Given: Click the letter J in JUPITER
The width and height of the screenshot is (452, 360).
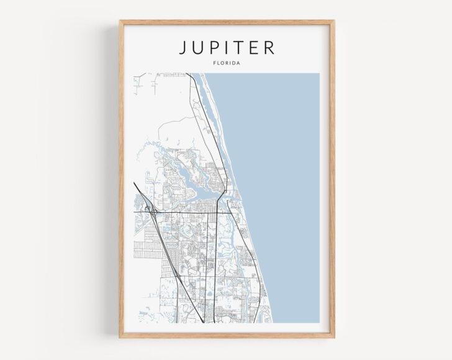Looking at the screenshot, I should (184, 48).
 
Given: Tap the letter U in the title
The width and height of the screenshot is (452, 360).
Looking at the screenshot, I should (199, 48).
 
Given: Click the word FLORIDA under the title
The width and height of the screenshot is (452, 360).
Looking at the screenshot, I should (227, 63).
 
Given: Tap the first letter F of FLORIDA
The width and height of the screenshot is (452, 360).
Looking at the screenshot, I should (214, 63).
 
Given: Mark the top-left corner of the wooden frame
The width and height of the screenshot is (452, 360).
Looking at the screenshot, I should (120, 21).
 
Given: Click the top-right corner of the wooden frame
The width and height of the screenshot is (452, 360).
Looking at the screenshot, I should (334, 21).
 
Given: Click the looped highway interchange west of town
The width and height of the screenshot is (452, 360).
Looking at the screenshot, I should (152, 212).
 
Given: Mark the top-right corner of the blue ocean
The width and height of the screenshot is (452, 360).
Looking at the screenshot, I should (319, 74).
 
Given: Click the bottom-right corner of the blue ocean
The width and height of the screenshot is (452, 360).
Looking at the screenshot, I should (319, 322).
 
